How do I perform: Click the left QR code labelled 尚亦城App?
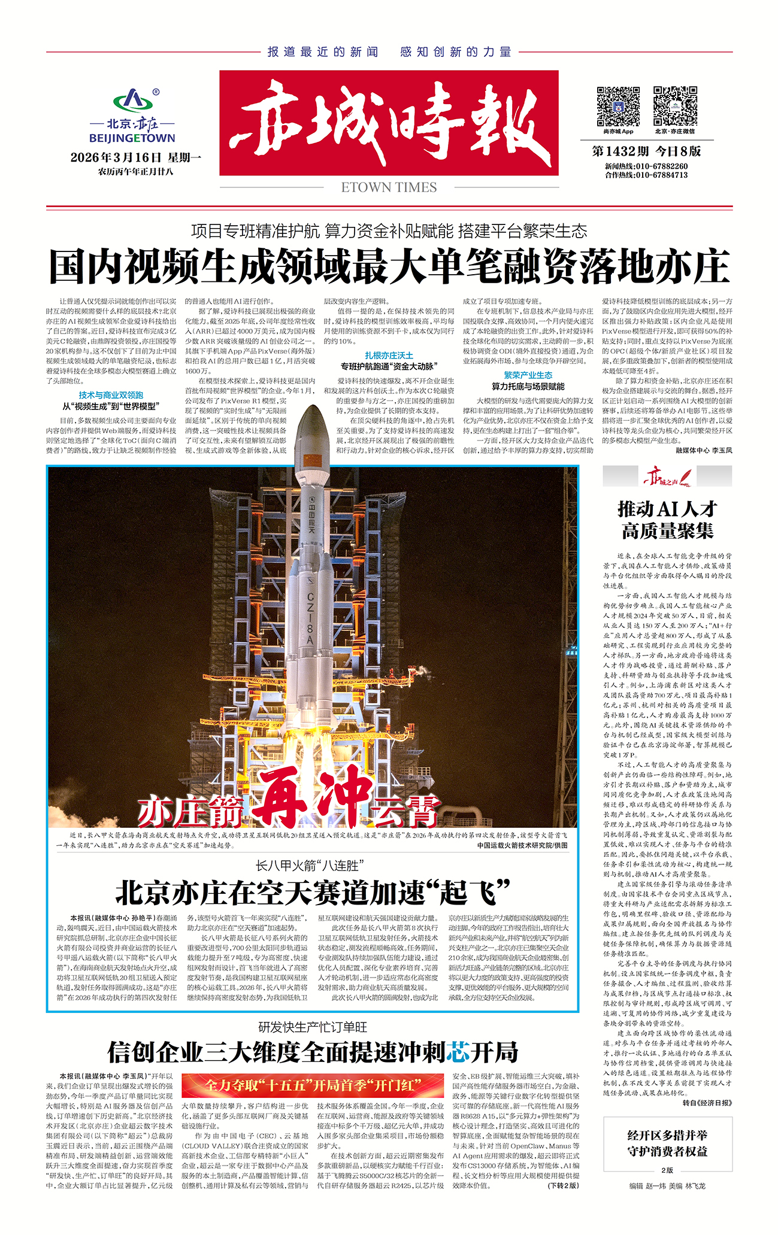tap(618, 106)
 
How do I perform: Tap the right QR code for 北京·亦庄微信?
tap(674, 106)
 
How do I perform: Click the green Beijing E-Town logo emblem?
tap(133, 101)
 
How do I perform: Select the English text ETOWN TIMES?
tap(389, 187)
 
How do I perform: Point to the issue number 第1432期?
tap(620, 151)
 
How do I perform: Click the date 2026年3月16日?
tap(116, 158)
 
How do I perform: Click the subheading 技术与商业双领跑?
tap(111, 395)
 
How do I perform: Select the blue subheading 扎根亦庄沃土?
tap(389, 356)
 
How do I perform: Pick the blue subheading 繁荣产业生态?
tap(528, 375)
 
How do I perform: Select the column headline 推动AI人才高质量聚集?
tap(667, 520)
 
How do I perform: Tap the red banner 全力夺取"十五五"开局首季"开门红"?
tap(313, 1085)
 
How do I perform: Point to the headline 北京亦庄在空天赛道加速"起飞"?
tap(312, 893)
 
